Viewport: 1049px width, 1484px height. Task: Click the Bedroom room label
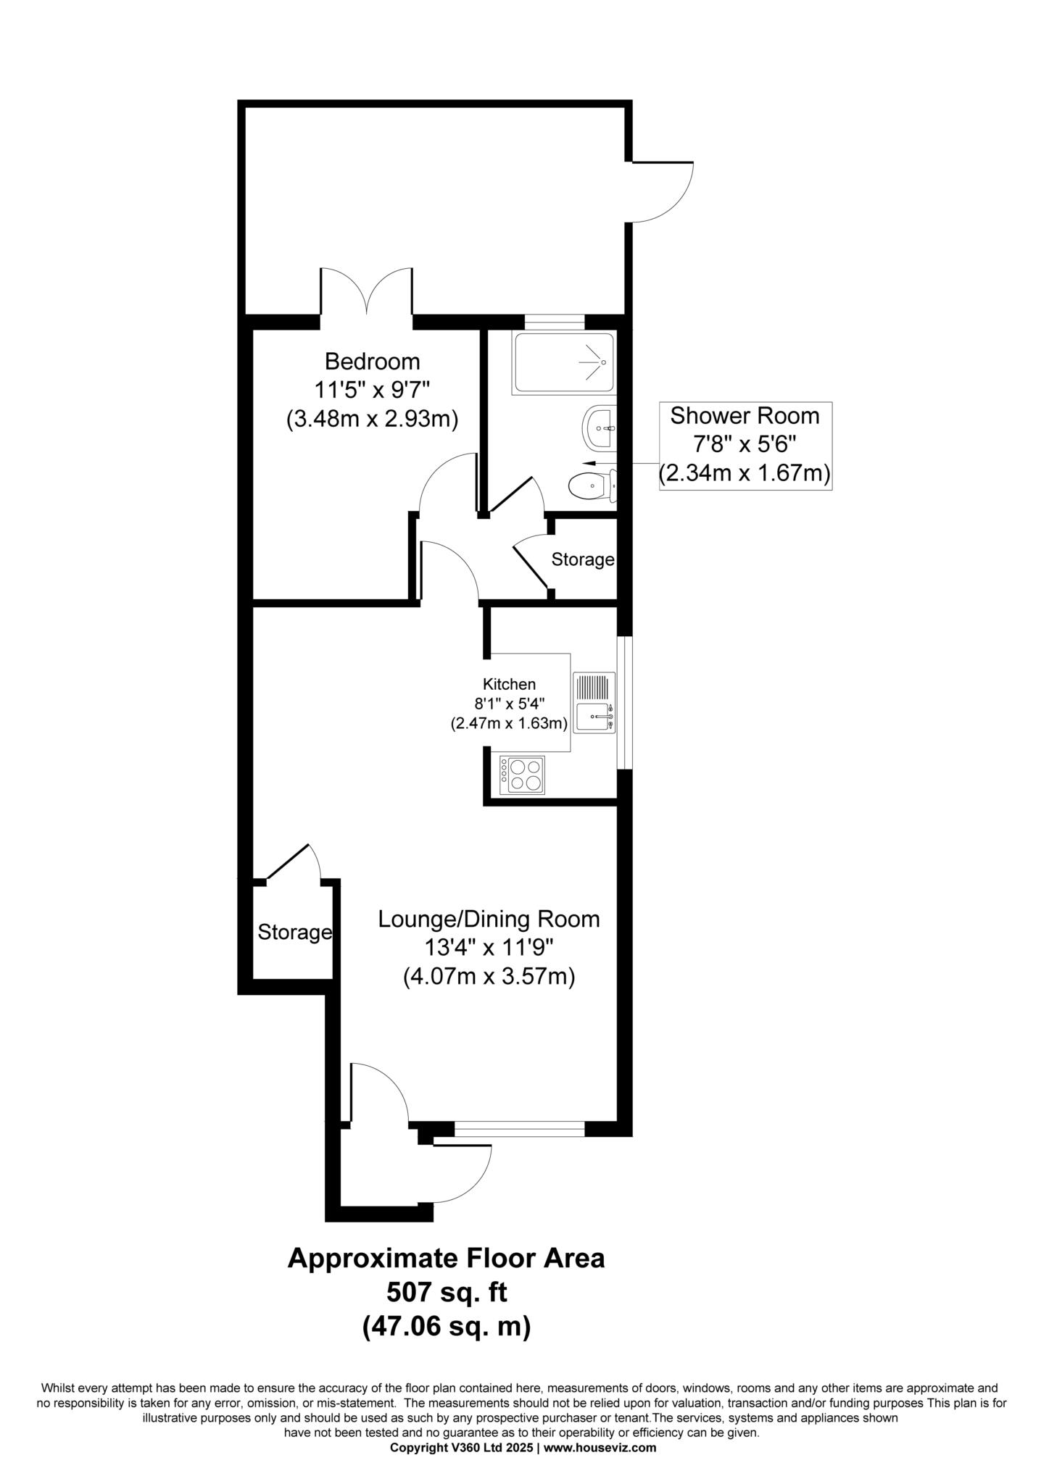tap(372, 361)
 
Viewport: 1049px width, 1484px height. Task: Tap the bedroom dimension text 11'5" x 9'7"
tap(372, 390)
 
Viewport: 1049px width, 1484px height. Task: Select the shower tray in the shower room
tap(564, 363)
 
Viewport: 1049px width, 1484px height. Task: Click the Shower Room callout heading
tap(745, 416)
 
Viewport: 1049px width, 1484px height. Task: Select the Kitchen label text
tap(510, 684)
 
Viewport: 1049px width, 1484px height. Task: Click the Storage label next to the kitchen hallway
tap(583, 559)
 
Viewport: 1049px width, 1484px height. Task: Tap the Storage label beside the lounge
tap(295, 933)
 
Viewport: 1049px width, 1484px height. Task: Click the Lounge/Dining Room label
tap(489, 920)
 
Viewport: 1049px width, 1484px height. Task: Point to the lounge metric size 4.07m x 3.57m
tap(489, 977)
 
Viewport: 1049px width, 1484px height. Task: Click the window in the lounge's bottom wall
tap(519, 1129)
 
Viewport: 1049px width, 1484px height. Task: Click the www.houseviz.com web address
tap(600, 1448)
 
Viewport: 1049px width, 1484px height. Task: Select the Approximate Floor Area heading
tap(447, 1258)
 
